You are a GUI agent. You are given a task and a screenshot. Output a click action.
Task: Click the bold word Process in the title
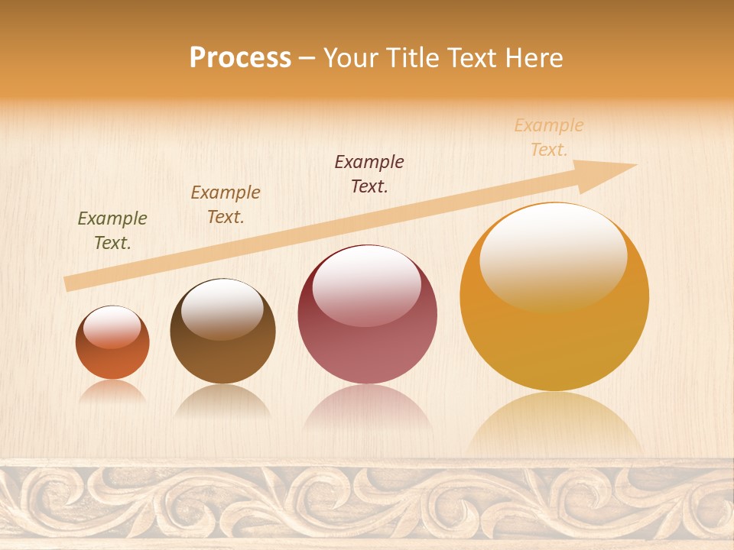(x=240, y=58)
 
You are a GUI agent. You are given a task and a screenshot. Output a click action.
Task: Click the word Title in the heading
(x=414, y=58)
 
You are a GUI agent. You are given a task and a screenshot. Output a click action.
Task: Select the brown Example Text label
(x=226, y=205)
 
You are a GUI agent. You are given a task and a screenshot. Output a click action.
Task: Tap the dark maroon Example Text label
(x=369, y=174)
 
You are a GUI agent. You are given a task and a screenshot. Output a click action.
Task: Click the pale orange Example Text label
(x=549, y=137)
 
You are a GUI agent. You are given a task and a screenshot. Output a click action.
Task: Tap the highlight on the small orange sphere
(x=112, y=327)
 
